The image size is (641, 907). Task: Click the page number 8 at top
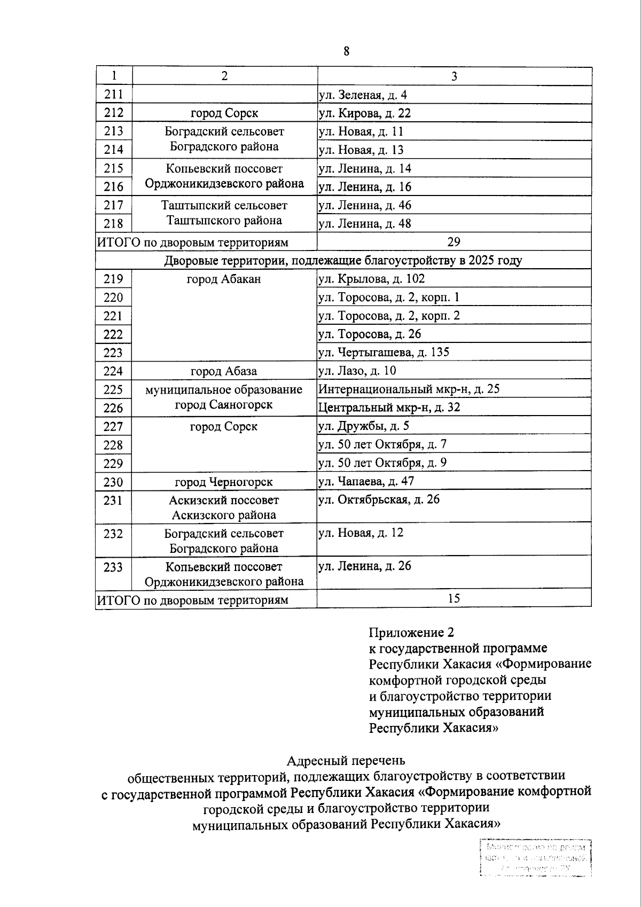tap(346, 51)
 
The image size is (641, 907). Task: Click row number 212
tap(114, 113)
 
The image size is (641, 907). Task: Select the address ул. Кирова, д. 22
tap(364, 113)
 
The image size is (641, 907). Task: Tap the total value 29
tap(454, 242)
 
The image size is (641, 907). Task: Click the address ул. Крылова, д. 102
tap(371, 279)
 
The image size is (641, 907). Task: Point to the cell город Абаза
tap(224, 371)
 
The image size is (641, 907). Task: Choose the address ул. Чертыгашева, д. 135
tap(384, 353)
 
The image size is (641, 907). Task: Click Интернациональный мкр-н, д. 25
tap(409, 389)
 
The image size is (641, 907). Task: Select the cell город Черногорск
tap(224, 482)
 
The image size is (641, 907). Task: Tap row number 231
tap(113, 501)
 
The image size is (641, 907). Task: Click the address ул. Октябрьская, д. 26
tap(379, 501)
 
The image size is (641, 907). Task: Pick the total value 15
tap(454, 599)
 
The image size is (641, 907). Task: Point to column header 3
tap(454, 76)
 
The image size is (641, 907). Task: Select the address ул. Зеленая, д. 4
tap(363, 95)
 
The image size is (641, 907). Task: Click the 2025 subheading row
tap(343, 261)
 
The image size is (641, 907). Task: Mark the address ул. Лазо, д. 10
tap(357, 371)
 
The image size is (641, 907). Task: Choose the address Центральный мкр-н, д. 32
tap(389, 408)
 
